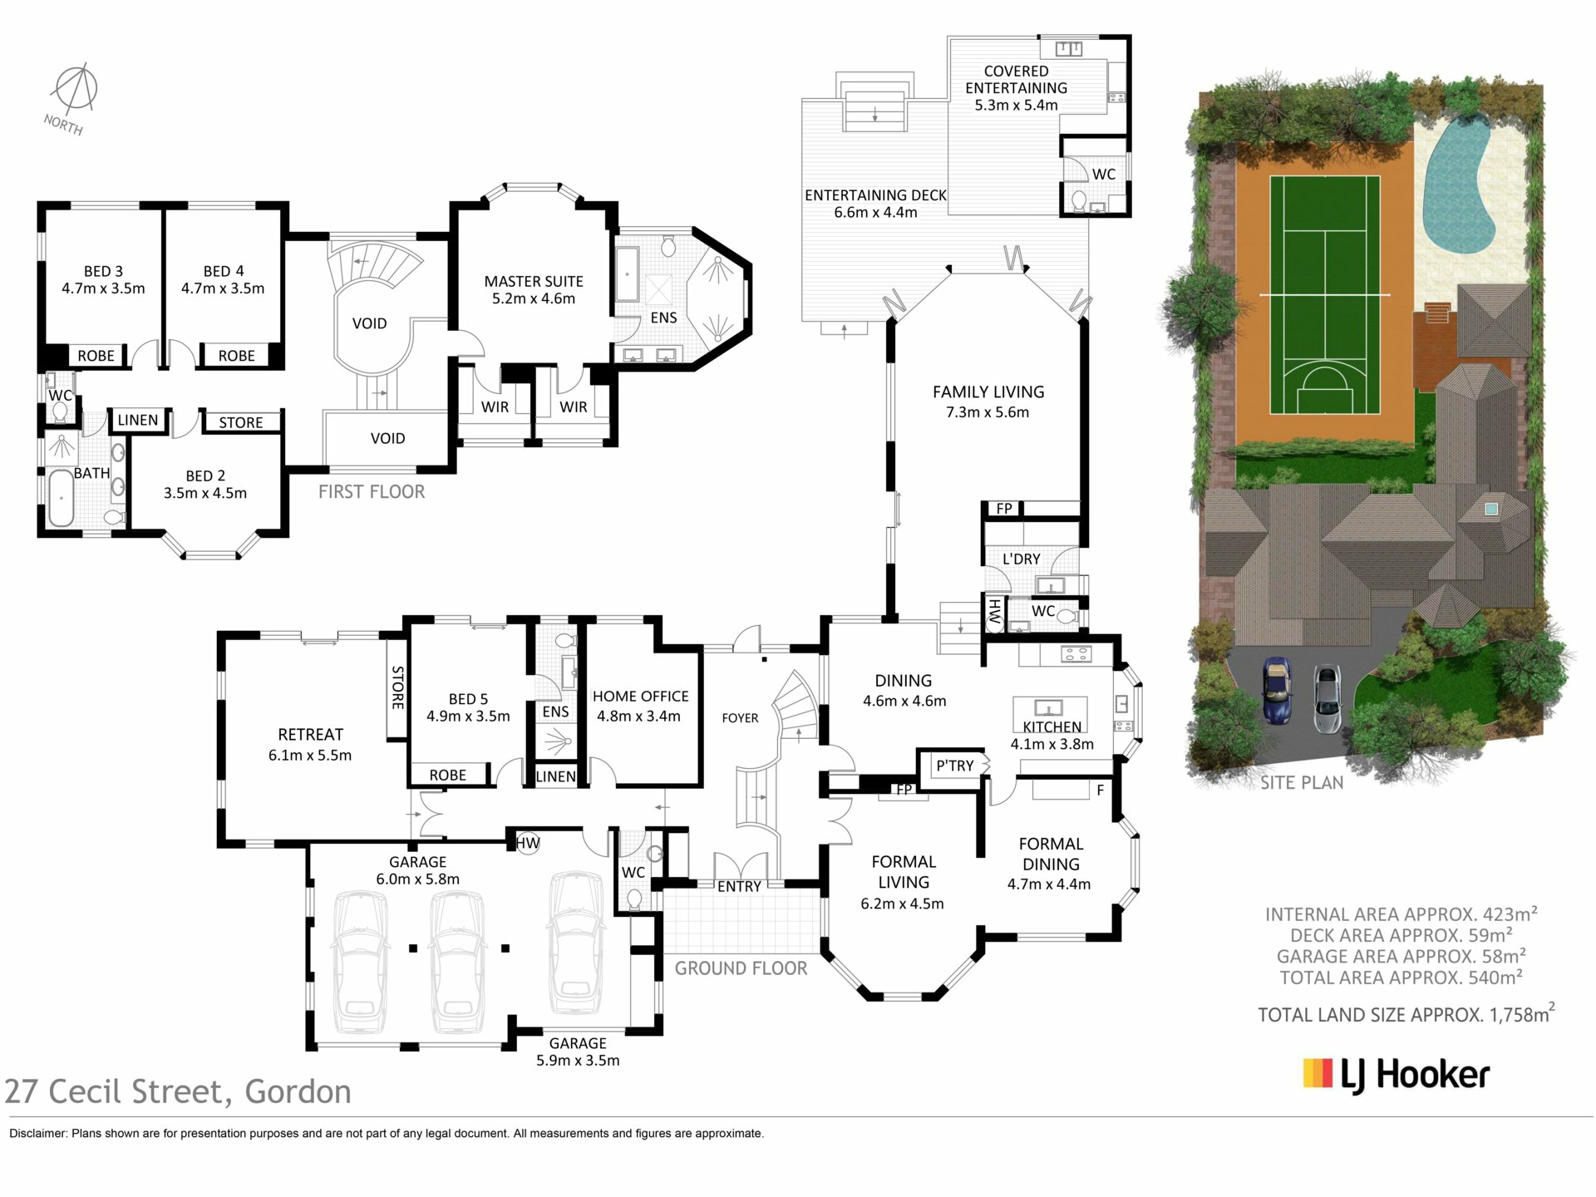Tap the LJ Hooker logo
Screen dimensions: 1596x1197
coord(1396,1075)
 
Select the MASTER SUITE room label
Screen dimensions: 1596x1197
coord(534,282)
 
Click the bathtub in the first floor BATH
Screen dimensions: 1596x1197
coord(60,498)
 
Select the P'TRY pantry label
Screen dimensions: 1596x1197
coord(954,766)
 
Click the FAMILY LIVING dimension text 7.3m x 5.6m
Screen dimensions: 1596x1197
coord(988,412)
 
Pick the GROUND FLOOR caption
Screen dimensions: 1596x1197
coord(741,968)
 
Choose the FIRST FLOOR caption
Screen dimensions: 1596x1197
coord(372,491)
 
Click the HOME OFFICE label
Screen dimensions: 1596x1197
coord(640,697)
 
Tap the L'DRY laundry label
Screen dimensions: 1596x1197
coord(1021,559)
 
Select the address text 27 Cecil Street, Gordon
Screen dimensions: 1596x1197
coord(178,1091)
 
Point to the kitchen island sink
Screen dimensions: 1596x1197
coord(1049,708)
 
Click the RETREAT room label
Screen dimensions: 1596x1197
coord(310,735)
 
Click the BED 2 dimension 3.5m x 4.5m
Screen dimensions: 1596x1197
coord(205,493)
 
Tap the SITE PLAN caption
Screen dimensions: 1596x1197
coord(1302,783)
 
